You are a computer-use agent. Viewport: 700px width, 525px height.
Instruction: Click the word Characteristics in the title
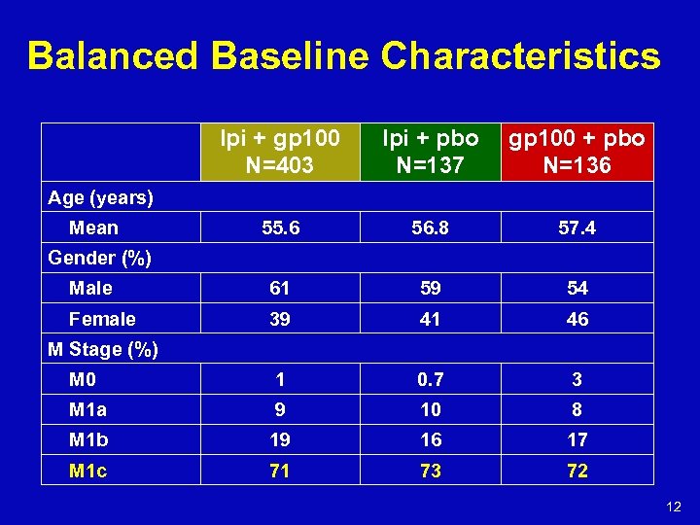pos(520,56)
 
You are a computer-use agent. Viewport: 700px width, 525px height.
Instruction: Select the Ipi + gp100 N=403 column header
pos(280,152)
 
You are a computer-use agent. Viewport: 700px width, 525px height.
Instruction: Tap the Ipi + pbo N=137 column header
pos(430,152)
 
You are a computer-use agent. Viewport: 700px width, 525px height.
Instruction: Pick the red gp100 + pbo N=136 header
pos(577,152)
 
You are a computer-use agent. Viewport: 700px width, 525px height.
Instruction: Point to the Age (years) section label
pos(101,197)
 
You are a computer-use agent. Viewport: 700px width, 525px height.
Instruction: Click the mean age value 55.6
pos(280,227)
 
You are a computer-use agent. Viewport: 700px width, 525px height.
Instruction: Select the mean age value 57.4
pos(577,227)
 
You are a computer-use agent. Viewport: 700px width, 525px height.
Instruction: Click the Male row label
pos(90,288)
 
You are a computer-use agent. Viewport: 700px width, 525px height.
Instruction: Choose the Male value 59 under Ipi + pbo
pos(430,288)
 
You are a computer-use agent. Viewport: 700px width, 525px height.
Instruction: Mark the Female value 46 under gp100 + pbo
pos(577,319)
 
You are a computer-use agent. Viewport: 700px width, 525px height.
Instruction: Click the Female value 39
pos(280,319)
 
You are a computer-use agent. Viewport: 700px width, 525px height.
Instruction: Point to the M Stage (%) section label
pos(103,349)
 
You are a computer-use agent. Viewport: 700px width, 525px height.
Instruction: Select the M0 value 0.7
pos(430,379)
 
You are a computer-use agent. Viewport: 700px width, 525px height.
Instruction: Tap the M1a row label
pos(87,409)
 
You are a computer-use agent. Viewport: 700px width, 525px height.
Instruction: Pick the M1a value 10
pos(430,409)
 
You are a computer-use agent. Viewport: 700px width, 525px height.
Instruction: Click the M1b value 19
pos(280,439)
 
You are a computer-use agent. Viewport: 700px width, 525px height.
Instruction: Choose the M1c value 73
pos(430,471)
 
